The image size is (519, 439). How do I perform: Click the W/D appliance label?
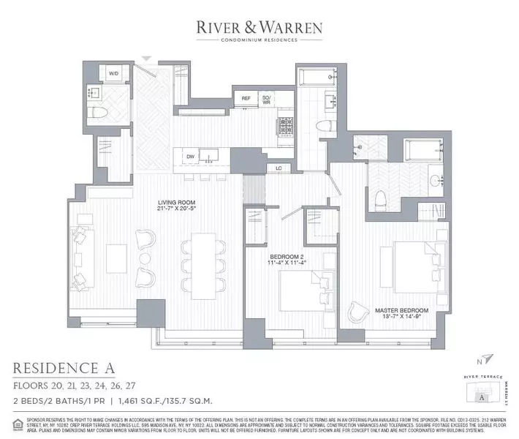pyautogui.click(x=115, y=75)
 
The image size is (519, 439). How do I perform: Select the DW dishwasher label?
pyautogui.click(x=191, y=156)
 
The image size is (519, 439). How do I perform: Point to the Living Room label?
pyautogui.click(x=180, y=206)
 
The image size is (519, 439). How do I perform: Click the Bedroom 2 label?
pyautogui.click(x=288, y=256)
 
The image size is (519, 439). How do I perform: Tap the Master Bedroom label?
pyautogui.click(x=402, y=310)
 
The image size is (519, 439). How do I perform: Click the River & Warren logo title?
pyautogui.click(x=259, y=27)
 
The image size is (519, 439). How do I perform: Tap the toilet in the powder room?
pyautogui.click(x=99, y=113)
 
